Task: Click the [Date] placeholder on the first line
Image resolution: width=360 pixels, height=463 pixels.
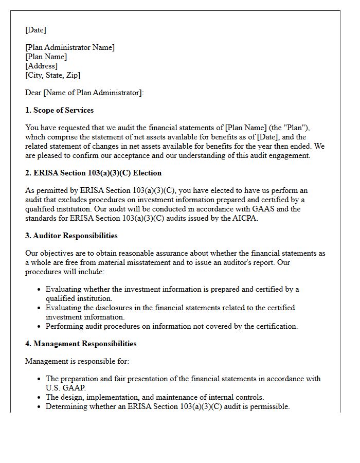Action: [x=35, y=30]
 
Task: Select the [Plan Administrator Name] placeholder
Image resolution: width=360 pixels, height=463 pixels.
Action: [x=70, y=47]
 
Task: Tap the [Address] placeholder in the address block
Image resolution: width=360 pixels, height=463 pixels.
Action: [x=41, y=66]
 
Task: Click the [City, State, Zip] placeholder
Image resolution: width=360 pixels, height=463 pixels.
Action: [x=52, y=75]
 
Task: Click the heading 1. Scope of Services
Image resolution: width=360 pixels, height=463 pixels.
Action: [x=59, y=110]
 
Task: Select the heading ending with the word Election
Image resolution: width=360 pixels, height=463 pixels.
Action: [x=93, y=173]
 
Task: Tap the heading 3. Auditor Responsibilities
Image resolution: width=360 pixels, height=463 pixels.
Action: [x=71, y=236]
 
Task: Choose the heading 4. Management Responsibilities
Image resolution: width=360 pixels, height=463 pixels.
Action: [x=81, y=344]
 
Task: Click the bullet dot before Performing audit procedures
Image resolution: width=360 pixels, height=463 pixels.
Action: [x=39, y=326]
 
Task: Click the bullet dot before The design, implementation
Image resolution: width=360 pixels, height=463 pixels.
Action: [x=39, y=397]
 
